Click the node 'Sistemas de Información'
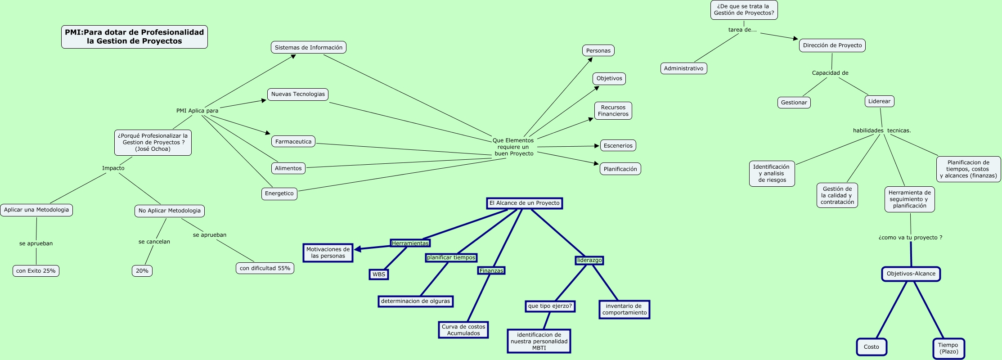(308, 47)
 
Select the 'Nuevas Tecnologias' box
(298, 94)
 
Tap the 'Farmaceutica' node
(293, 141)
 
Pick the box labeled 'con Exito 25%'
(36, 271)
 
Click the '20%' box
(142, 271)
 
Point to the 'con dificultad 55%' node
(265, 268)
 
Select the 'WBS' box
(379, 274)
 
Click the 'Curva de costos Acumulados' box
(463, 330)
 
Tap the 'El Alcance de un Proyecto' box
(525, 203)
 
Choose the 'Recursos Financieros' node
(613, 111)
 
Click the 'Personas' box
(598, 51)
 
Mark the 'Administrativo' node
(683, 68)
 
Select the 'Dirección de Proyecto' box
(832, 45)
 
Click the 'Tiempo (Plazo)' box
(948, 348)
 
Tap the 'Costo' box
(872, 347)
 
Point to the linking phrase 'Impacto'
(113, 168)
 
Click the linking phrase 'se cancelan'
(154, 242)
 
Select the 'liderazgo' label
(589, 260)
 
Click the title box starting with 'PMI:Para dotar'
(135, 37)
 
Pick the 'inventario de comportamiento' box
(625, 309)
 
